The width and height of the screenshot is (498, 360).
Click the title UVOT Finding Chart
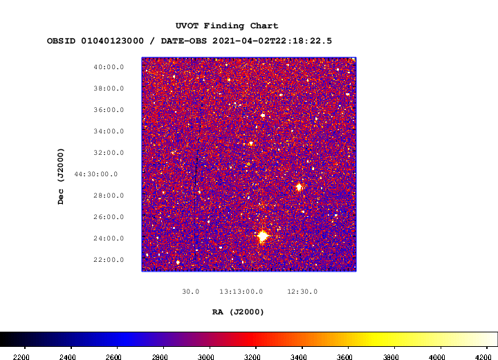point(227,26)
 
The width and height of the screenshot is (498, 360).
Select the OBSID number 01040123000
point(113,41)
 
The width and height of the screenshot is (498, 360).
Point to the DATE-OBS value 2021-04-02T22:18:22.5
point(273,41)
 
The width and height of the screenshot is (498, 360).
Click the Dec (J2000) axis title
point(61,176)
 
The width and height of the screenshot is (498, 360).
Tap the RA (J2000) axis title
point(238,312)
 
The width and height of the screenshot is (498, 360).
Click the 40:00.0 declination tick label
point(109,67)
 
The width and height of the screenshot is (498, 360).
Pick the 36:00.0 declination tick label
point(109,110)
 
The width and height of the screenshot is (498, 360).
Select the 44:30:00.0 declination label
point(96,174)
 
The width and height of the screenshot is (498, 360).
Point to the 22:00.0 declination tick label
point(109,260)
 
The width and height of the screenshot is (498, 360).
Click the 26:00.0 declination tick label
point(109,217)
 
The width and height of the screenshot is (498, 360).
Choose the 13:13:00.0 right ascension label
point(241,292)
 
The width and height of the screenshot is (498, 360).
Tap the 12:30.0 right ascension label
point(302,292)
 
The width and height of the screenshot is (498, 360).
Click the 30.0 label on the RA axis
point(191,292)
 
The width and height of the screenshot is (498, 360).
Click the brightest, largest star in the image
point(263,236)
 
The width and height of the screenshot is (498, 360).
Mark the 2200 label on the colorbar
point(22,357)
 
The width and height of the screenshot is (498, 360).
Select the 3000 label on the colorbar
point(206,357)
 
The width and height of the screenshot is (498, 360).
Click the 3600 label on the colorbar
point(344,357)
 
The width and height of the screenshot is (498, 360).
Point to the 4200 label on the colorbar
point(483,357)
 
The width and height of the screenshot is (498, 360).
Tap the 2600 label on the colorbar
point(113,357)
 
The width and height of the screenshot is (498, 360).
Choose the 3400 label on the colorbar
point(298,357)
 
